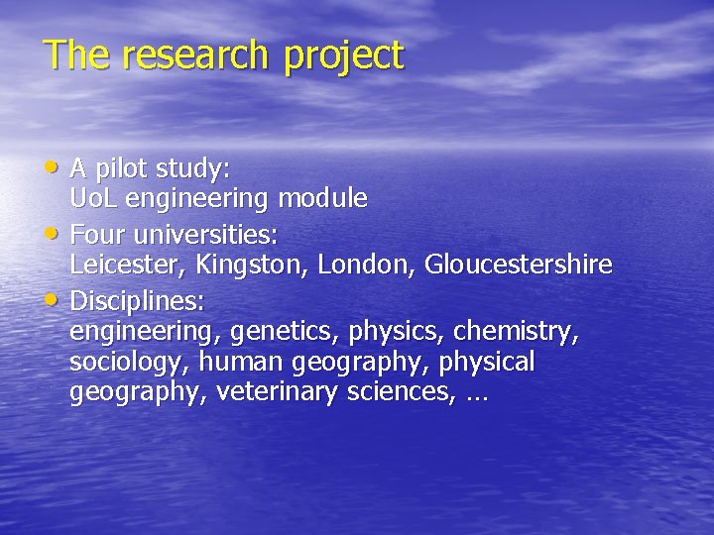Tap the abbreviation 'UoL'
click(x=91, y=199)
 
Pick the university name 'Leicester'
click(x=126, y=266)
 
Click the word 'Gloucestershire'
click(x=519, y=266)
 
